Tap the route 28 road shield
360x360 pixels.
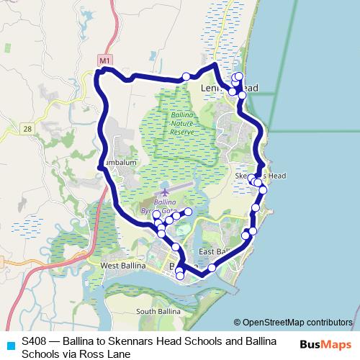pos(27,128)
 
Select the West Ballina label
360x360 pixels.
pos(120,266)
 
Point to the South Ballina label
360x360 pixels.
pos(157,311)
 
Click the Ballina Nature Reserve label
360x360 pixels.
pos(182,123)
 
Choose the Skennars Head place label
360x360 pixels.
pos(261,176)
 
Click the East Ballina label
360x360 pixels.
pos(215,251)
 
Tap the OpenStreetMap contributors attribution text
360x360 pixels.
pos(293,322)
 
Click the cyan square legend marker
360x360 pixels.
pos(10,344)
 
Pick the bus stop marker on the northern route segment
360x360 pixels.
pos(186,76)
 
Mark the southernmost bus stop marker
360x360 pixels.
pos(180,275)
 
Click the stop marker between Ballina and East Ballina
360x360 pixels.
pos(212,268)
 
